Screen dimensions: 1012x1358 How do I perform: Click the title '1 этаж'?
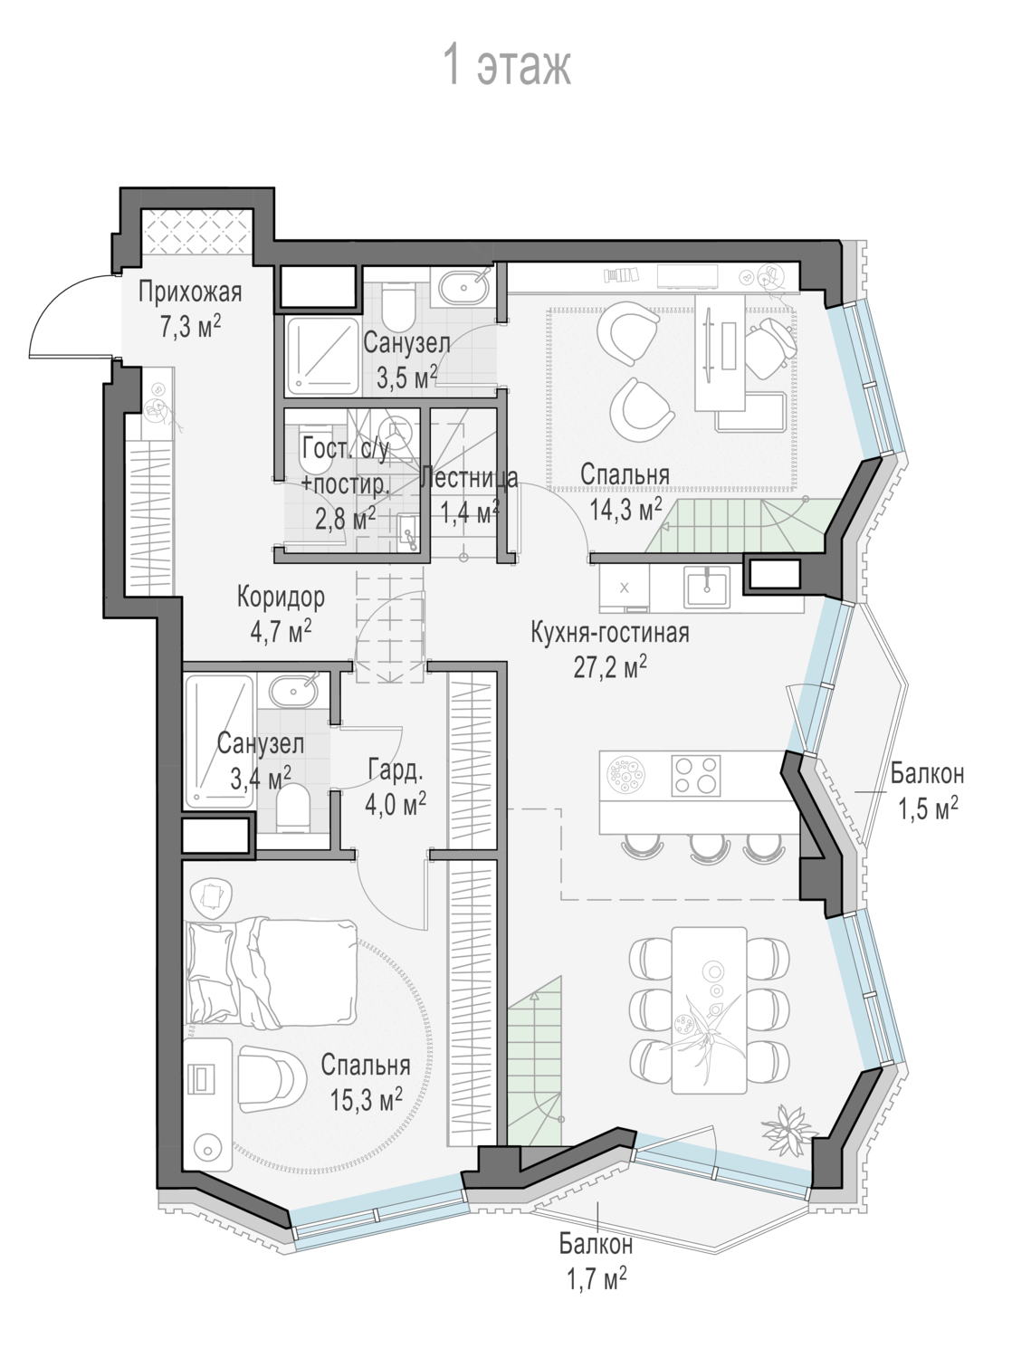(x=507, y=65)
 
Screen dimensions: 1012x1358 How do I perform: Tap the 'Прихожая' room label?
(x=190, y=292)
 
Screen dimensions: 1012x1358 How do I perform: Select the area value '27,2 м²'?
(x=610, y=667)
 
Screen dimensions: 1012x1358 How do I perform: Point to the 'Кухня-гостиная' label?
(x=610, y=633)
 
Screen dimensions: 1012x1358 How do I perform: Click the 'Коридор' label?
(x=281, y=597)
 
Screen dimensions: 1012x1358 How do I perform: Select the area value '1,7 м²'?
(x=597, y=1278)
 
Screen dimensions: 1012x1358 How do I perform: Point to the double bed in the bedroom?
(x=272, y=971)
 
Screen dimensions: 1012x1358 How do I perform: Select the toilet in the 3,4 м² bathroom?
(x=292, y=808)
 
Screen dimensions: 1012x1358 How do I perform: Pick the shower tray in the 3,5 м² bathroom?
(x=322, y=357)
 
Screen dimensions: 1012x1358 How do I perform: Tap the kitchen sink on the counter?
(x=706, y=585)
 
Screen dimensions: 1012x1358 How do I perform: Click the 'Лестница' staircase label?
(x=468, y=478)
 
